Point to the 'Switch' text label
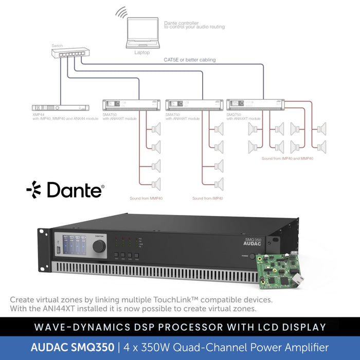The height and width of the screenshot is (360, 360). click(x=57, y=45)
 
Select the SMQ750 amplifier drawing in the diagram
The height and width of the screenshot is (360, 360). click(x=255, y=105)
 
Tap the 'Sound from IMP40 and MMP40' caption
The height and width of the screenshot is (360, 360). click(x=287, y=158)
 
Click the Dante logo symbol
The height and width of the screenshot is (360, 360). click(x=34, y=189)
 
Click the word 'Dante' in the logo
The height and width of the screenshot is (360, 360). click(x=75, y=190)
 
